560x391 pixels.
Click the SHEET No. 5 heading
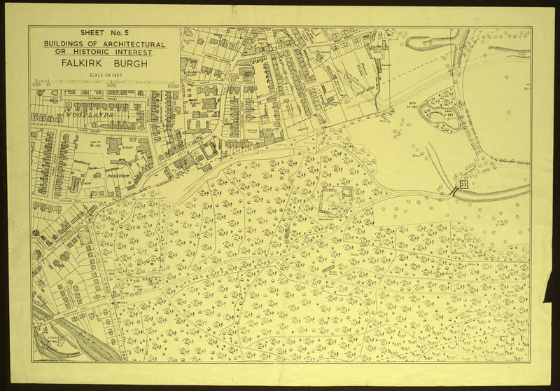tap(104, 33)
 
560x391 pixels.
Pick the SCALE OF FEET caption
tap(104, 77)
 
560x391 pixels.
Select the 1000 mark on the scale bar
tap(173, 85)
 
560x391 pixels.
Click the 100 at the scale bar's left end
tap(36, 85)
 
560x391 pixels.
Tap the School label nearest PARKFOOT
tap(127, 149)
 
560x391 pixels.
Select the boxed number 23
tap(463, 184)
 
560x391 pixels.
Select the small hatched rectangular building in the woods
tap(328, 268)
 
